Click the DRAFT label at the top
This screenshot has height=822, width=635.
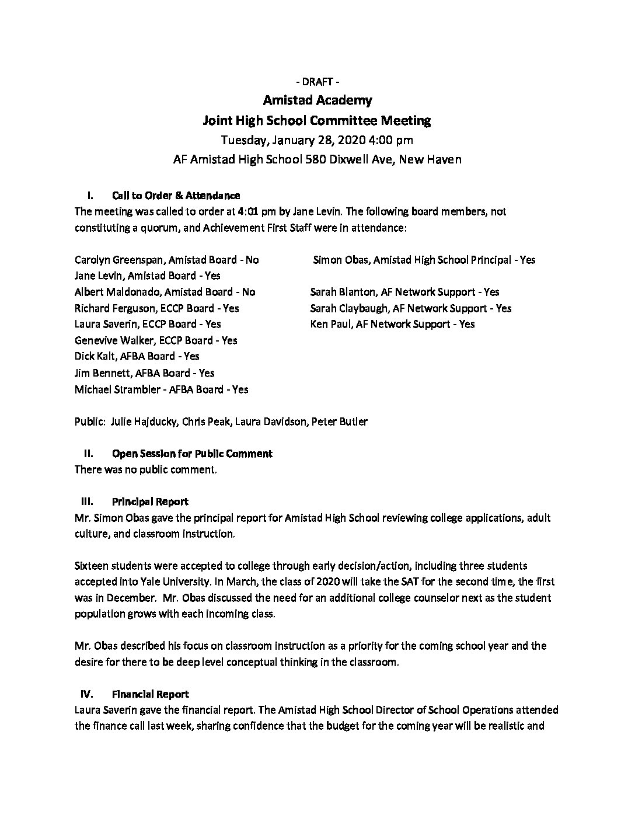coord(317,81)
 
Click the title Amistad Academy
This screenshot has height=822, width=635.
coord(317,100)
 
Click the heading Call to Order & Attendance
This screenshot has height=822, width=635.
coord(176,196)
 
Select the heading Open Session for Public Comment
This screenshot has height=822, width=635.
coord(192,454)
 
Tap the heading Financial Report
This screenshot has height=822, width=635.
coord(151,695)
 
